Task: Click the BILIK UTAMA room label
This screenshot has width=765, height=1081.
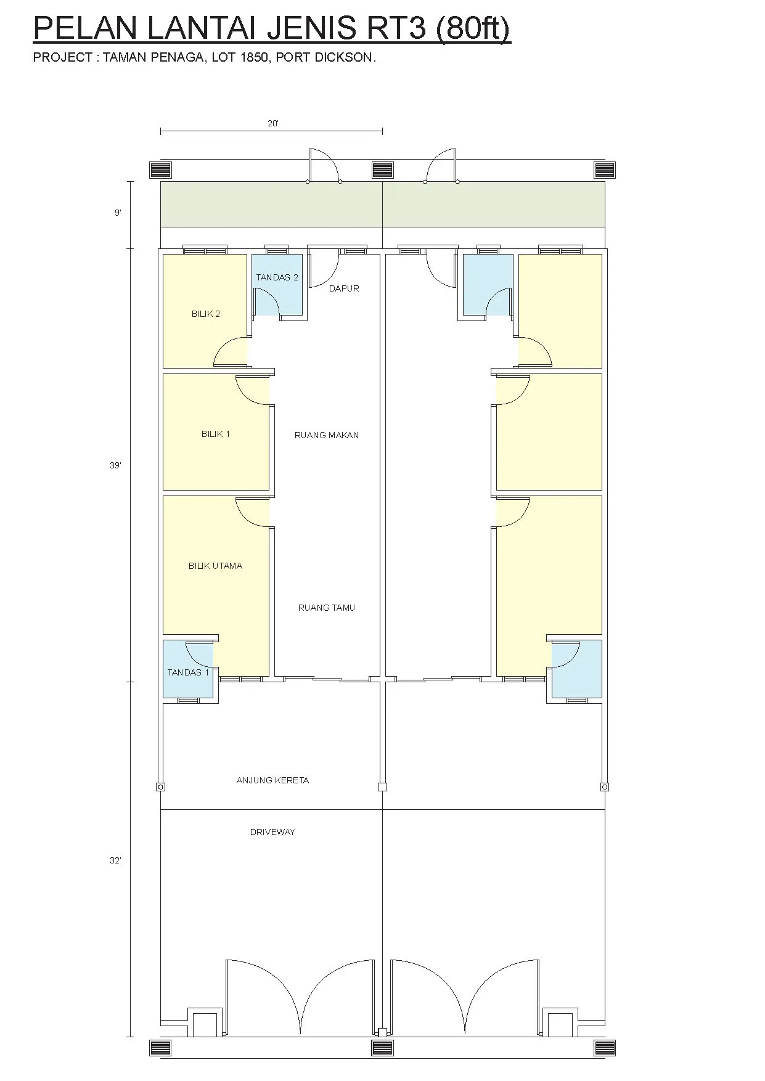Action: click(215, 566)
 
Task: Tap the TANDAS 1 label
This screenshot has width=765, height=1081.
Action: click(188, 672)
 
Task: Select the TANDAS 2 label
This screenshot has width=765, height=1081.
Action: click(277, 277)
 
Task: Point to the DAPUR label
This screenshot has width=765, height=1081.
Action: click(344, 288)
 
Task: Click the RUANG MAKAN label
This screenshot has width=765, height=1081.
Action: click(327, 435)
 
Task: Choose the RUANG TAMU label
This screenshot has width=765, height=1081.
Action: click(327, 608)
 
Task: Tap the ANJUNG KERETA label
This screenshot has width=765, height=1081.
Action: click(272, 780)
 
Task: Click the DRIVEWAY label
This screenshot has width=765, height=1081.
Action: click(272, 832)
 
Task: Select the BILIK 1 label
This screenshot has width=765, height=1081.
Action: click(216, 434)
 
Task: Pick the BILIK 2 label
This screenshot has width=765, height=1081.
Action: click(206, 314)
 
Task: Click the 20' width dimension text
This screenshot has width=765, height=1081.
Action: click(273, 123)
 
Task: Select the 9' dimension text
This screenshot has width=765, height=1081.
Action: click(118, 213)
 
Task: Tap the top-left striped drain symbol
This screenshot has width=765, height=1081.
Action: click(161, 169)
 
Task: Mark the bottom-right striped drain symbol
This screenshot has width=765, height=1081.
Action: click(605, 1048)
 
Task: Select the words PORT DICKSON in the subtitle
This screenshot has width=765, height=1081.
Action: click(326, 57)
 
